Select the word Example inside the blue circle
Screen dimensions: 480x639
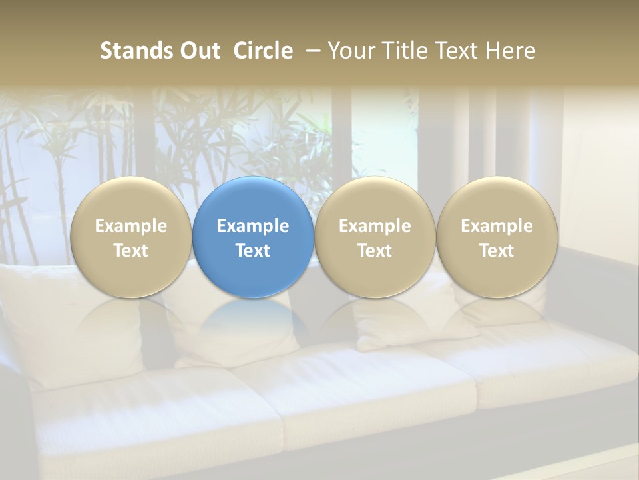[x=253, y=226]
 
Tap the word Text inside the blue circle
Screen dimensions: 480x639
[x=253, y=251]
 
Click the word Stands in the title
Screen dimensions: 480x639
[x=137, y=51]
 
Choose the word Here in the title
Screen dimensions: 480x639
[x=511, y=51]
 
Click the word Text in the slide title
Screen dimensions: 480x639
[x=452, y=51]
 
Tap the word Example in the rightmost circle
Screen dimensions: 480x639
[x=497, y=226]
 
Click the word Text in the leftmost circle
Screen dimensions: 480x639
[x=131, y=251]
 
